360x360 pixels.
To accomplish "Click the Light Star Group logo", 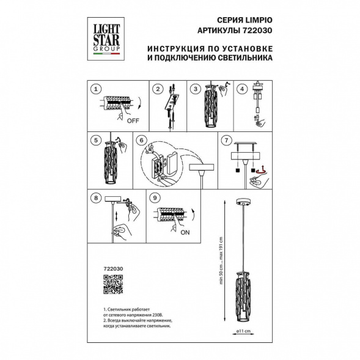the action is pyautogui.click(x=106, y=39).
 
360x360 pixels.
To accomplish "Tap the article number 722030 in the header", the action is pyautogui.click(x=257, y=31).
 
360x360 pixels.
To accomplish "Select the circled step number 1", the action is pyautogui.click(x=96, y=89).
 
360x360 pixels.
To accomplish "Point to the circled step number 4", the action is pyautogui.click(x=242, y=89).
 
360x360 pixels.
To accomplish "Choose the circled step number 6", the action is pyautogui.click(x=141, y=140).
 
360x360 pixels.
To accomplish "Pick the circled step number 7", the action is pyautogui.click(x=227, y=140).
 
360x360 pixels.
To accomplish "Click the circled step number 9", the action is pyautogui.click(x=155, y=197).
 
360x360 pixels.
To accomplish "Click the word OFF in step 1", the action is pyautogui.click(x=133, y=120).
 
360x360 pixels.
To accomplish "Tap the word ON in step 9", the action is pyautogui.click(x=185, y=232).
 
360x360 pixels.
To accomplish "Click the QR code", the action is pyautogui.click(x=113, y=284).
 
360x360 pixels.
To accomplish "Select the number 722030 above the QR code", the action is pyautogui.click(x=113, y=268).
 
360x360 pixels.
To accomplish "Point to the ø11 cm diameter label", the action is pyautogui.click(x=243, y=331).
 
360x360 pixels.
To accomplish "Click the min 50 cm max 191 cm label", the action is pyautogui.click(x=221, y=260).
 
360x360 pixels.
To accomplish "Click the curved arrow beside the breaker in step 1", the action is pyautogui.click(x=139, y=103).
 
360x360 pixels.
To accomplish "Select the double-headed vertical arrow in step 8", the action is pyautogui.click(x=117, y=216).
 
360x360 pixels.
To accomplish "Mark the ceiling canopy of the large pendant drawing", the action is pyautogui.click(x=243, y=202).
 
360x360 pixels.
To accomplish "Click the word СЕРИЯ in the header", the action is pyautogui.click(x=227, y=20).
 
